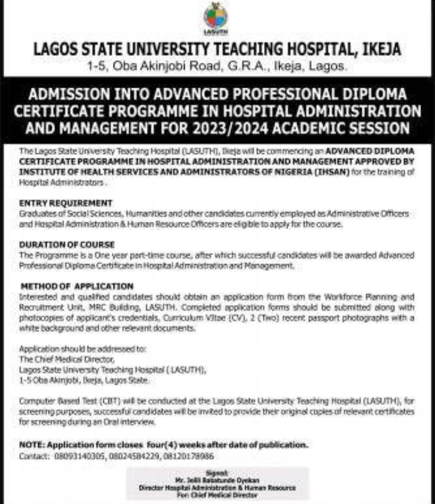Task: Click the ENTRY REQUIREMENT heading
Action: [x=66, y=204]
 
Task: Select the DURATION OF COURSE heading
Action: [x=67, y=245]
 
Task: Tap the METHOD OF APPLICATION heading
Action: [x=77, y=286]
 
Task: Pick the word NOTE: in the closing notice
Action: [x=31, y=445]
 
